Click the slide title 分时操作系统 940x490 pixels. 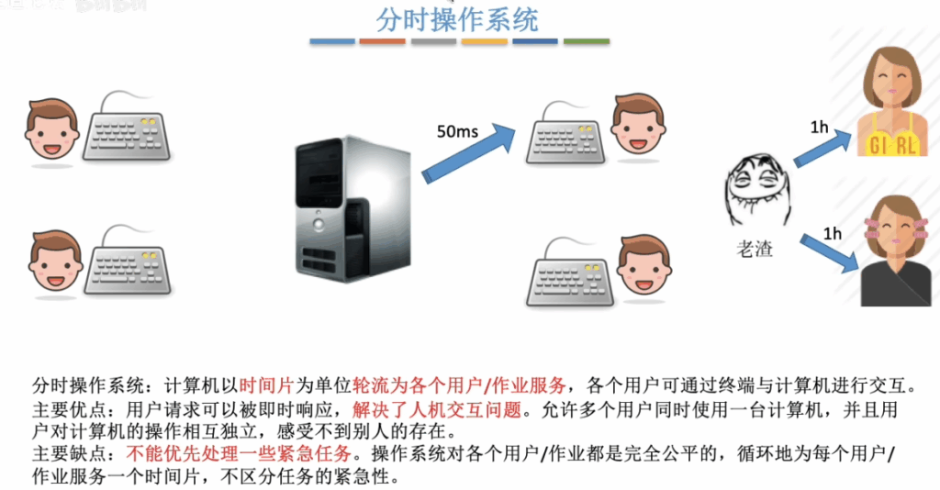click(457, 19)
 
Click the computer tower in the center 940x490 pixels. click(352, 209)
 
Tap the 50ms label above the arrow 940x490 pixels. click(457, 131)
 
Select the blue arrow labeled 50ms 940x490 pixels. click(468, 153)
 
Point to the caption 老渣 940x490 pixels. click(755, 249)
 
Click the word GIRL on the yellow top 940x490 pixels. click(892, 145)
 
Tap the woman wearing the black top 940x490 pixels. click(896, 251)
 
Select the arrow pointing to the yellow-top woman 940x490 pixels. click(822, 148)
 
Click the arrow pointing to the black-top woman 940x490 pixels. click(830, 253)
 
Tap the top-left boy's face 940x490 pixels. click(52, 128)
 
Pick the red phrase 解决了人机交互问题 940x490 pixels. click(437, 410)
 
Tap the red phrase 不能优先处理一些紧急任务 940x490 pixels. click(239, 453)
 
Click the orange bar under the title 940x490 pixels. click(383, 41)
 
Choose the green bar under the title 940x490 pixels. click(587, 41)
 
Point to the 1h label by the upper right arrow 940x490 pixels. click(819, 127)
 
